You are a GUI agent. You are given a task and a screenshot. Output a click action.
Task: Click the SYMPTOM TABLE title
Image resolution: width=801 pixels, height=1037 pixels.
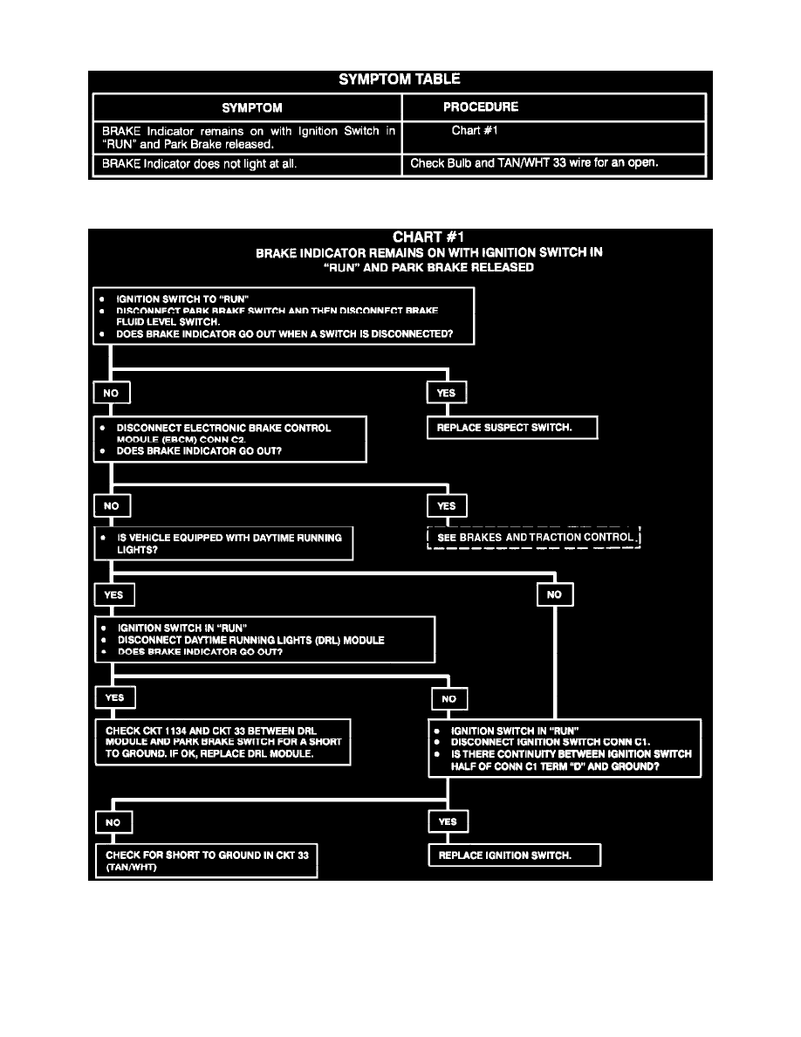(x=399, y=79)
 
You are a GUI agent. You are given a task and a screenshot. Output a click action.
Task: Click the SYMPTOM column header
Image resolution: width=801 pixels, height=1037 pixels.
(x=251, y=108)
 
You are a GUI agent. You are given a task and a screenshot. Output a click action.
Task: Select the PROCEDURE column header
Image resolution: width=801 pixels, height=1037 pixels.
(x=480, y=107)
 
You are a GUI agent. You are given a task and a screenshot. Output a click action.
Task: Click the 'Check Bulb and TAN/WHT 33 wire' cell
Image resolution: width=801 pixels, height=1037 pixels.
(x=547, y=163)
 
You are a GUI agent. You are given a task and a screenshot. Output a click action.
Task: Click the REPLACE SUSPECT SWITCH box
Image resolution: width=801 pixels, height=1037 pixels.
(x=512, y=428)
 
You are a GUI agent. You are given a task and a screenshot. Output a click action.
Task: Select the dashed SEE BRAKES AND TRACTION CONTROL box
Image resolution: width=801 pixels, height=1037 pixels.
(x=534, y=537)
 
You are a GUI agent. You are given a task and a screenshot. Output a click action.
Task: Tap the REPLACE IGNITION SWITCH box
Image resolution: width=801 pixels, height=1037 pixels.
(x=514, y=855)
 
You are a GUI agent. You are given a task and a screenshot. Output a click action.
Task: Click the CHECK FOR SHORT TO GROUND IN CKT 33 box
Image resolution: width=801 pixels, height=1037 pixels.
(x=206, y=860)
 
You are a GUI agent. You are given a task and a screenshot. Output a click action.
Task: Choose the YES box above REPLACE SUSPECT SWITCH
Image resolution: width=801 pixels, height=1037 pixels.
(x=446, y=393)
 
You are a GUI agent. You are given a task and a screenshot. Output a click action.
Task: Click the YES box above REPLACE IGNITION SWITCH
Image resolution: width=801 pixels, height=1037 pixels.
(x=448, y=822)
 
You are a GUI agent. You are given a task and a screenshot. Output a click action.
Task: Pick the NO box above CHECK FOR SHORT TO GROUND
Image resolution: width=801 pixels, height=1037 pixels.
(x=113, y=822)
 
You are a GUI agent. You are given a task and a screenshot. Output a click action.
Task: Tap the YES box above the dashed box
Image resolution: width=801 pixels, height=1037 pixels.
(x=446, y=505)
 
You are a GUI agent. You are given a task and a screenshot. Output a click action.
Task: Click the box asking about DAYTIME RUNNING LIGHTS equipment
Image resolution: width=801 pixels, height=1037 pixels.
(x=224, y=544)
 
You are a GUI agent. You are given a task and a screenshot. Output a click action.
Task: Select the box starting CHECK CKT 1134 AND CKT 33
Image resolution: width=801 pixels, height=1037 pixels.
(x=222, y=741)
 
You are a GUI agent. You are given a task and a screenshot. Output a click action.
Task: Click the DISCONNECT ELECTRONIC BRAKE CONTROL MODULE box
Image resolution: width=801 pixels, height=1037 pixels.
(x=229, y=439)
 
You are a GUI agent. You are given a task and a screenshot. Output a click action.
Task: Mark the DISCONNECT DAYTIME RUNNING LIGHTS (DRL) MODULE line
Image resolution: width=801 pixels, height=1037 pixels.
(x=250, y=640)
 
